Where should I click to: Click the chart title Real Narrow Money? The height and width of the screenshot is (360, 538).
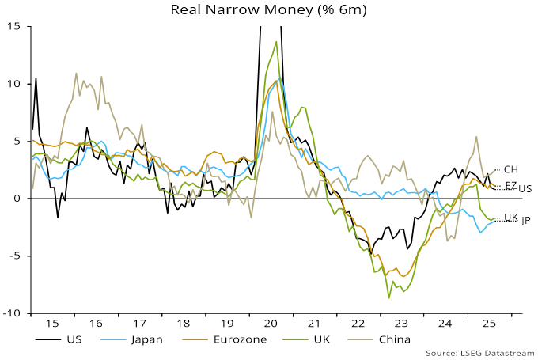point(269,10)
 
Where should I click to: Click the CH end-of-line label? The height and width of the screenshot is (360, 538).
point(510,169)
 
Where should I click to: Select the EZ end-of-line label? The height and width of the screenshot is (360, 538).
point(511,185)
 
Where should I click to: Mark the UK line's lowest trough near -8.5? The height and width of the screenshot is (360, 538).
point(389,297)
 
